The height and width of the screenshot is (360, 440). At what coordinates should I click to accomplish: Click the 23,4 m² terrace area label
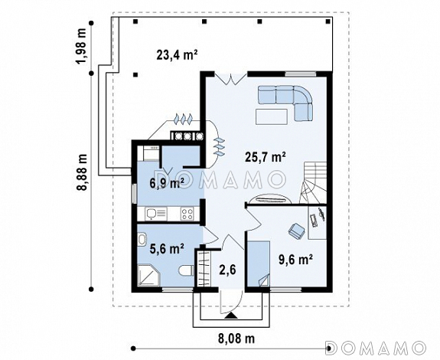point(177,54)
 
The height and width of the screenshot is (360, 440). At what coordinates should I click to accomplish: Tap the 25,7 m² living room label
point(266,157)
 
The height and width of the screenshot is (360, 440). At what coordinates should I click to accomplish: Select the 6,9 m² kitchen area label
point(167,184)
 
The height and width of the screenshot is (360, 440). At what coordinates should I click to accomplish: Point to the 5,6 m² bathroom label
point(167,248)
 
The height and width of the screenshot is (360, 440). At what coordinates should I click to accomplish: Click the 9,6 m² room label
point(296,260)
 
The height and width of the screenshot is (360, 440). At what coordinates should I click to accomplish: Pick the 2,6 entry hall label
point(227,270)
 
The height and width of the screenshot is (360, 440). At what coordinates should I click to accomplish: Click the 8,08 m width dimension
point(236,339)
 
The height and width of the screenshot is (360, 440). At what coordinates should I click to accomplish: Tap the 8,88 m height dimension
point(82,172)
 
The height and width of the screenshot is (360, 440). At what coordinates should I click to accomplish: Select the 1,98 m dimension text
point(82,47)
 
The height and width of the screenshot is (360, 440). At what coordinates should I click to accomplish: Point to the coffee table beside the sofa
point(272,116)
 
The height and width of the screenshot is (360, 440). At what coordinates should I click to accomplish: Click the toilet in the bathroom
point(186,270)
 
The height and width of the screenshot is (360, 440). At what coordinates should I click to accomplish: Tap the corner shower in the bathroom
point(148,275)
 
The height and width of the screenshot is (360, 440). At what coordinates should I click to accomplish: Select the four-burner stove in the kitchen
point(187,214)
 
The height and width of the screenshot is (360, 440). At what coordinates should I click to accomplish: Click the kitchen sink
point(156,214)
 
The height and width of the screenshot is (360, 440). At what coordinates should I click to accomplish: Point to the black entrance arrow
point(231,316)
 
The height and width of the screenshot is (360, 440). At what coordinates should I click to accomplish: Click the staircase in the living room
point(313,182)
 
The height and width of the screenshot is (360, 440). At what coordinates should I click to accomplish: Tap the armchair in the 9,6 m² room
point(296,231)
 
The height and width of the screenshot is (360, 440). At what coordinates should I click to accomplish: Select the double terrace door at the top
point(230,78)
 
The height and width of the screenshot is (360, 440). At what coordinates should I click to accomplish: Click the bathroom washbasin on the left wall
point(142,240)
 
